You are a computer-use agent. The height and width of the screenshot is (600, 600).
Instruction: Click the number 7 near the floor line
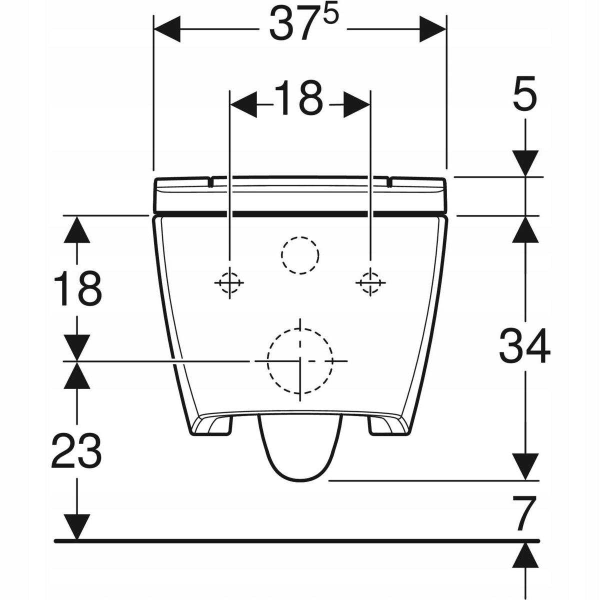[524, 514]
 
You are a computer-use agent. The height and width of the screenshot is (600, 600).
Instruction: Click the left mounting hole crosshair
[229, 283]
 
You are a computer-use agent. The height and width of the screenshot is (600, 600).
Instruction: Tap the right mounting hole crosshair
[370, 283]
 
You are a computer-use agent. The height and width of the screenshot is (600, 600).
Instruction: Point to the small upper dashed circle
[300, 254]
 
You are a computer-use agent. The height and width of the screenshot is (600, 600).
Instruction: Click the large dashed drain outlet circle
[300, 360]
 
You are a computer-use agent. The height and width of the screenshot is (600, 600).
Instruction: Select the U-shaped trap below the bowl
[300, 450]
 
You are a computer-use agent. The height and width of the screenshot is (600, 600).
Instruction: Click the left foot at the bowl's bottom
[212, 425]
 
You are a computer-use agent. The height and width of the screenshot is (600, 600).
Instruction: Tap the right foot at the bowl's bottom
[387, 425]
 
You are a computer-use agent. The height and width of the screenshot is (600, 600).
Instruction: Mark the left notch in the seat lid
[210, 182]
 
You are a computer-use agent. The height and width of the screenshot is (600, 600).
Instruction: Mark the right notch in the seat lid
[388, 182]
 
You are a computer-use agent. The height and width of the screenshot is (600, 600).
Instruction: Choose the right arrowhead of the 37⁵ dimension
[432, 29]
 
